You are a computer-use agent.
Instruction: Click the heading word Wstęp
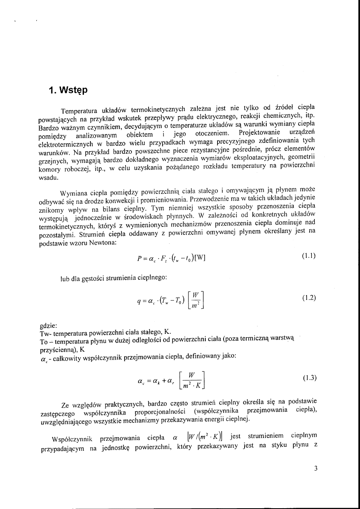(x=71, y=90)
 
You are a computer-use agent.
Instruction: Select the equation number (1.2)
(x=309, y=298)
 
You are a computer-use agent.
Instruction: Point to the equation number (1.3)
(x=309, y=378)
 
